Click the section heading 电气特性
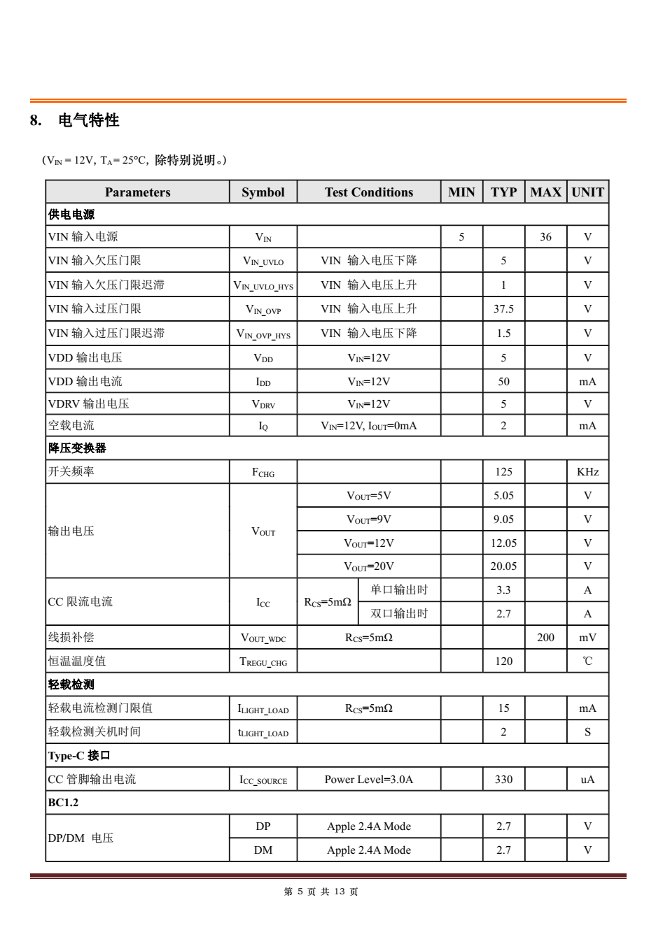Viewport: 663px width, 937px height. pyautogui.click(x=88, y=120)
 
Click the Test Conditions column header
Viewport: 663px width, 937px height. pyautogui.click(x=369, y=192)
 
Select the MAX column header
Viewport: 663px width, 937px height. pyautogui.click(x=545, y=192)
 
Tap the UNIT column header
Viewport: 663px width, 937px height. pyautogui.click(x=587, y=192)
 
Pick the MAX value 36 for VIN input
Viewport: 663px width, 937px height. pyautogui.click(x=545, y=237)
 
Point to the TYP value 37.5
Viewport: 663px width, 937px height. pyautogui.click(x=503, y=309)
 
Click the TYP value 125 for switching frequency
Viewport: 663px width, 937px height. pyautogui.click(x=503, y=472)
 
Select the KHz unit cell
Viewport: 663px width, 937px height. pyautogui.click(x=587, y=472)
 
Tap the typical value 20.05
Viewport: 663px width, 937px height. pyautogui.click(x=503, y=566)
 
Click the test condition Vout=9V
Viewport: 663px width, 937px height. pyautogui.click(x=369, y=520)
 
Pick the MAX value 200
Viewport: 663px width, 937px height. pyautogui.click(x=545, y=638)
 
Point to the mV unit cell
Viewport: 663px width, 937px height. pyautogui.click(x=587, y=638)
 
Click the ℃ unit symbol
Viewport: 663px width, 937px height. pyautogui.click(x=587, y=661)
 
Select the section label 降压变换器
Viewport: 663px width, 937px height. pyautogui.click(x=77, y=448)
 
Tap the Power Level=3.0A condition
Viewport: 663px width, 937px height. pyautogui.click(x=369, y=780)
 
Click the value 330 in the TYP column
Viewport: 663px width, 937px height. pyautogui.click(x=503, y=780)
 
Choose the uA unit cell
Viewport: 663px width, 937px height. pyautogui.click(x=587, y=780)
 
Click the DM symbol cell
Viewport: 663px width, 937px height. pyautogui.click(x=263, y=850)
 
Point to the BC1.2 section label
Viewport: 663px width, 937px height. pyautogui.click(x=63, y=803)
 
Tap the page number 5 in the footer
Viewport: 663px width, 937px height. pyautogui.click(x=300, y=892)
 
